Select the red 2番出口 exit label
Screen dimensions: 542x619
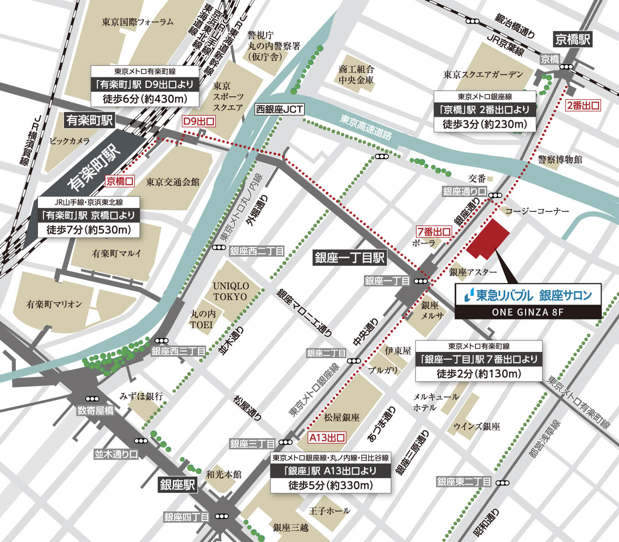tap(583, 105)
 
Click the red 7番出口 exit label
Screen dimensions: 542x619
tap(434, 232)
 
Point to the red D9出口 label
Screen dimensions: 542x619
tap(198, 122)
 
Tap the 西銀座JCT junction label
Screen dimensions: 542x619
tap(279, 109)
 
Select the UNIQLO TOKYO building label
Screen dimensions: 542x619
tap(231, 291)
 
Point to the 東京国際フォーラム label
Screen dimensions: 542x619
tap(138, 22)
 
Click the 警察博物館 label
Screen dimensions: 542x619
tap(560, 159)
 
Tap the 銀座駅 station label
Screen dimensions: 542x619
tap(178, 485)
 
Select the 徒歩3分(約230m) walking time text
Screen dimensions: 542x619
tap(485, 124)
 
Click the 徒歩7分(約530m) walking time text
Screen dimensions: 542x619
tap(89, 230)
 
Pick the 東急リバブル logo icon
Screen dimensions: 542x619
tap(469, 295)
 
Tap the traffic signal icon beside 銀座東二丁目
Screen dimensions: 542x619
tap(503, 483)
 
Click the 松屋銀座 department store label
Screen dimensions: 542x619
tap(342, 417)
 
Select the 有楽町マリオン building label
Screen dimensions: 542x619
tap(54, 304)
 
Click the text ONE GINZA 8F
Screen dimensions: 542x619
tap(528, 312)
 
